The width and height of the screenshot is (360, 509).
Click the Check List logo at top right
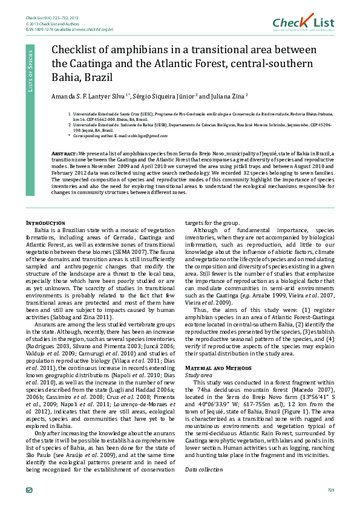[x=303, y=22]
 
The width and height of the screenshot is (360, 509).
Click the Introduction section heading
[x=46, y=223]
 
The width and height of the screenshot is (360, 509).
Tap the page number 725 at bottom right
[x=330, y=489]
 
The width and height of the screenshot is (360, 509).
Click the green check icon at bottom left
[x=30, y=489]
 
